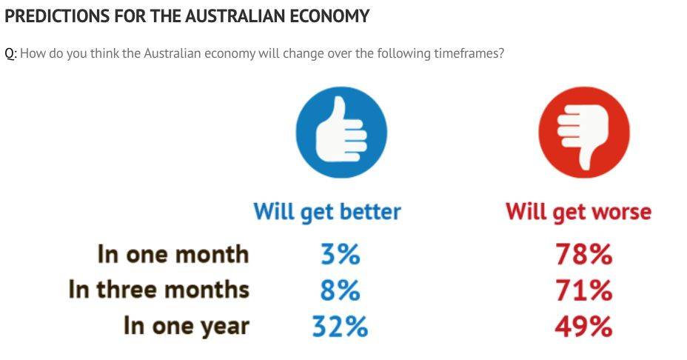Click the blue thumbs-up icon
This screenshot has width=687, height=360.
(341, 132)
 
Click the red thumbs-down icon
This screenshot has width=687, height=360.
(584, 132)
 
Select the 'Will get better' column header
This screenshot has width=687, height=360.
(327, 213)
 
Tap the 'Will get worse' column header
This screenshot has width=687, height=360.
(578, 213)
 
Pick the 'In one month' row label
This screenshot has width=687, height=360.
(173, 254)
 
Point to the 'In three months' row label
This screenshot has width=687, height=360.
(158, 290)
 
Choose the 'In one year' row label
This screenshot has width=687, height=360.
(187, 326)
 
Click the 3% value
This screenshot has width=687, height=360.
(341, 254)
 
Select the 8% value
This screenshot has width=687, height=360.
(341, 290)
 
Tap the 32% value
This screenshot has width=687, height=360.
(340, 327)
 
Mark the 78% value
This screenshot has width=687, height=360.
(583, 254)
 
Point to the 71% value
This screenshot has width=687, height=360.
(583, 290)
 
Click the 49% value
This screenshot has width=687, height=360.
(583, 327)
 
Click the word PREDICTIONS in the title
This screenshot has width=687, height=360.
(57, 16)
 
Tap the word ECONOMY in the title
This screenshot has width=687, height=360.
(325, 16)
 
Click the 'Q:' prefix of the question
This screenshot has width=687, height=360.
(10, 54)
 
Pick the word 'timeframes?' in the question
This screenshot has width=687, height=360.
(469, 53)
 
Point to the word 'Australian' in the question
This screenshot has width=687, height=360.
(172, 53)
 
